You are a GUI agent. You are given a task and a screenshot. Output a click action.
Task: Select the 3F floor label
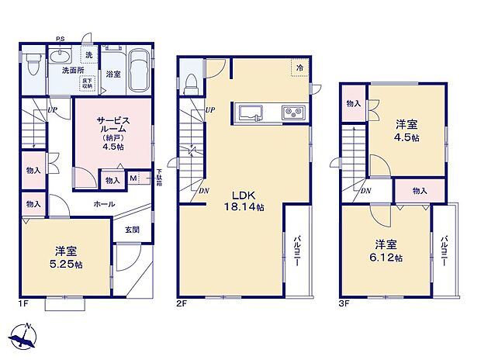pyautogui.click(x=344, y=303)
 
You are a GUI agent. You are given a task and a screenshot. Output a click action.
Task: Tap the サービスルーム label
pyautogui.click(x=112, y=130)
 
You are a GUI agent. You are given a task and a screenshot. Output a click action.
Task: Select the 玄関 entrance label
pyautogui.click(x=132, y=229)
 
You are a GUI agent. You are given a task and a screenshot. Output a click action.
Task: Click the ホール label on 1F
pyautogui.click(x=104, y=204)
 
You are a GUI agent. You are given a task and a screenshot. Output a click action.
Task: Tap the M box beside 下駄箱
pyautogui.click(x=134, y=179)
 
